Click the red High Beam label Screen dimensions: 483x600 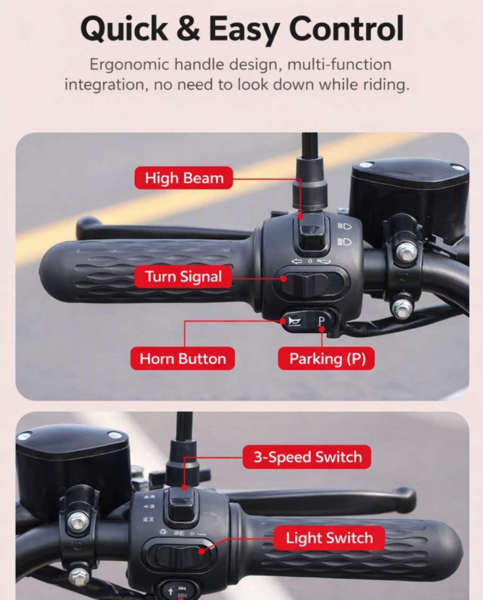183,178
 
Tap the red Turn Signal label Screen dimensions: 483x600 183,276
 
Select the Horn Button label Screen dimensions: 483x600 183,358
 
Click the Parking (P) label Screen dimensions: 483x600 326,358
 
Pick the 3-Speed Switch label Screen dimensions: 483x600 307,457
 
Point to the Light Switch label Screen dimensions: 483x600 329,538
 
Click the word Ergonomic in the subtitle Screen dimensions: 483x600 129,65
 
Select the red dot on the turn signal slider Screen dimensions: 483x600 284,278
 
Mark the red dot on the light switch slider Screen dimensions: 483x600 201,551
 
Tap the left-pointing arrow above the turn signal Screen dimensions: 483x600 297,261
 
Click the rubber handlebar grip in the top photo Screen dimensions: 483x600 145,270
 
